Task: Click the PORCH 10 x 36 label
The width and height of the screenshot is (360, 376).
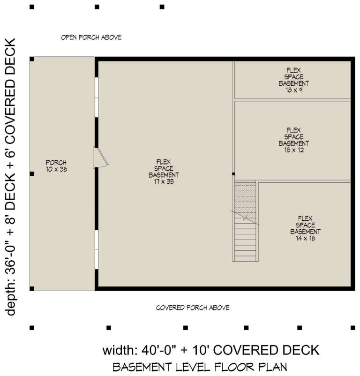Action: tap(56, 166)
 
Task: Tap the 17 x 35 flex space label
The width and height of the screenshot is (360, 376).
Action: tap(164, 172)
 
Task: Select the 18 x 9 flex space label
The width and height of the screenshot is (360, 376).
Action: tap(293, 80)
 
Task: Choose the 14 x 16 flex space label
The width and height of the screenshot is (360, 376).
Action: tap(305, 228)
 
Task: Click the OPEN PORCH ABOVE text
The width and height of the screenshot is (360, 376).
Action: tap(91, 37)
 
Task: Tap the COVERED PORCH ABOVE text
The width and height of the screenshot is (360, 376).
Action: tap(192, 308)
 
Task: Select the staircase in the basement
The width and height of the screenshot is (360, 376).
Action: tap(246, 220)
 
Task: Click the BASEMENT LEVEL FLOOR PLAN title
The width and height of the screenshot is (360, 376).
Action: tap(199, 366)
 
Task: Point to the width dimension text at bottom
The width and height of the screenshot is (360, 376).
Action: tap(210, 350)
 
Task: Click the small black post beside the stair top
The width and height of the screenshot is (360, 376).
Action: tap(233, 174)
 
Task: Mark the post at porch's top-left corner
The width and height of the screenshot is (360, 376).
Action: tap(32, 59)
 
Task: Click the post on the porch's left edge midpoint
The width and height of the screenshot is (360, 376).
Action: tap(32, 174)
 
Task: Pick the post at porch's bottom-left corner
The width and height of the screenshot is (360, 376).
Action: tap(32, 289)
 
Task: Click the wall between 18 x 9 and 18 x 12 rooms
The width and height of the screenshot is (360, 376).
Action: tap(292, 100)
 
